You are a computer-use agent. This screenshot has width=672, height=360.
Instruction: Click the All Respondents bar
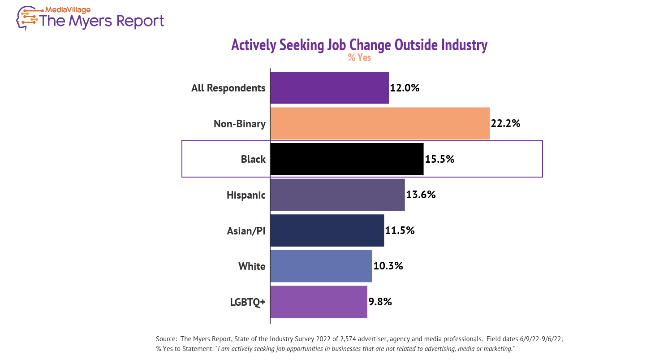[x=329, y=88]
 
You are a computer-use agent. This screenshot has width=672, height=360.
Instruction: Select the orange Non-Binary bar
[x=380, y=123]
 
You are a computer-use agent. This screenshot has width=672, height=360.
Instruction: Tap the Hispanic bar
[x=337, y=195]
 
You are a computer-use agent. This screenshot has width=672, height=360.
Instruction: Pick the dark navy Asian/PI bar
[x=327, y=230]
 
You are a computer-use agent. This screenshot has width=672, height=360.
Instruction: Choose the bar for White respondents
[x=321, y=266]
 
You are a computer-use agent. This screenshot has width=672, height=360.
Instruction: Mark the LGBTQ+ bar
[x=319, y=302]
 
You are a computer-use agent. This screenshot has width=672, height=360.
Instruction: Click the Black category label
[x=253, y=159]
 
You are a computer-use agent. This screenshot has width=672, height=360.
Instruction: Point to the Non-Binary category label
[x=240, y=124]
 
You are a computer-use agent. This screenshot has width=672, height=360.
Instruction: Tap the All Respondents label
[x=228, y=88]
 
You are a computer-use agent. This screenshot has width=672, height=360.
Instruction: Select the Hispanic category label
[x=246, y=195]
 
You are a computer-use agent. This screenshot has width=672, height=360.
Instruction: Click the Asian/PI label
[x=246, y=231]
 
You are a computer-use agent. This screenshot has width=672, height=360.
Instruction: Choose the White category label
[x=252, y=266]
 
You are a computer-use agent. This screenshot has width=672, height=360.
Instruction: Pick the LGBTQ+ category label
[x=247, y=302]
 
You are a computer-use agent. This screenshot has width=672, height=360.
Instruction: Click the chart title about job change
[x=359, y=45]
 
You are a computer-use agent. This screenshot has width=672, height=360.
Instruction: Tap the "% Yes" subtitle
[x=359, y=58]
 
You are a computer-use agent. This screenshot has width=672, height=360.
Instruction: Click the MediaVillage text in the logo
[x=68, y=9]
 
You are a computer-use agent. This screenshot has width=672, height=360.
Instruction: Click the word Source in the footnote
[x=166, y=339]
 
